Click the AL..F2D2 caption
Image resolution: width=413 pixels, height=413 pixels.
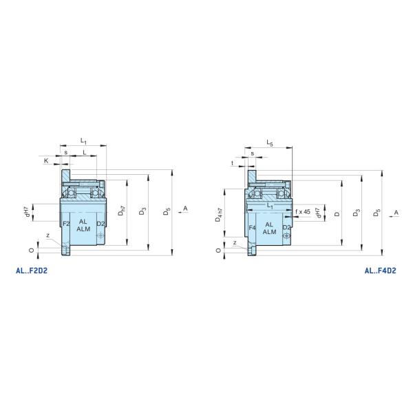click(32, 271)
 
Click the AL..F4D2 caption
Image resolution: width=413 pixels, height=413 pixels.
click(381, 271)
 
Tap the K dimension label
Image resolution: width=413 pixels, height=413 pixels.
click(46, 160)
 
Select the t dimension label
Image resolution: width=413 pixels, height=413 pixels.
click(233, 163)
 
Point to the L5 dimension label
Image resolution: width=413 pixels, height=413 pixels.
click(270, 143)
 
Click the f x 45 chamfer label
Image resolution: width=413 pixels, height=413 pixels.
click(303, 211)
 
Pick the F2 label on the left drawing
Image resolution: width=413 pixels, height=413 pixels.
click(66, 224)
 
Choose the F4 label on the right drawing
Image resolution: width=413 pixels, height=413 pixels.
click(252, 228)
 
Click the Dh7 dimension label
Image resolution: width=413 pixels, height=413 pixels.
click(122, 211)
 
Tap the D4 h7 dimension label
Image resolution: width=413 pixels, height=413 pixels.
click(219, 215)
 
